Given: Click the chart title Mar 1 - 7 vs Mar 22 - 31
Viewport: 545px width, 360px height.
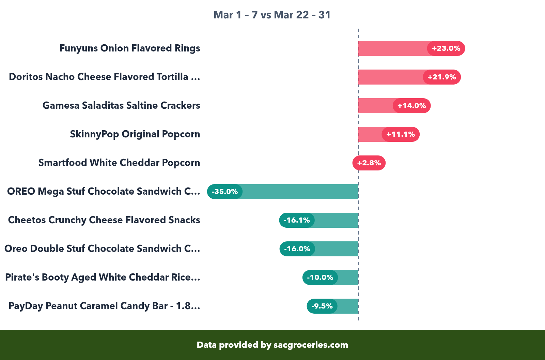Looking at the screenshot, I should [x=272, y=15].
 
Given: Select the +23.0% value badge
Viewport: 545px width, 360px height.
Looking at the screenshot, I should [x=446, y=48].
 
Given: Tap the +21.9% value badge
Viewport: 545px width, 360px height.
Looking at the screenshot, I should [x=442, y=77].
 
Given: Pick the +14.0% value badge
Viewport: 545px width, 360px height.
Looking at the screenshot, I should [x=411, y=106].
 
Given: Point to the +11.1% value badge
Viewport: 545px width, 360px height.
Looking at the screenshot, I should [x=401, y=134].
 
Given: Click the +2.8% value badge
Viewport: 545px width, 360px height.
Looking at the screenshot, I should [x=369, y=163].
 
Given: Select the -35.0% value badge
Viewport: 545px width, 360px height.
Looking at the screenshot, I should [x=225, y=192].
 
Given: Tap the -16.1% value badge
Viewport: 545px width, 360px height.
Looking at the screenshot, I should [x=297, y=220].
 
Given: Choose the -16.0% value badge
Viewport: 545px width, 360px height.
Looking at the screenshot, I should [x=297, y=249].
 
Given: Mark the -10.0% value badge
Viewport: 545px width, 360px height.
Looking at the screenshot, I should [x=320, y=277].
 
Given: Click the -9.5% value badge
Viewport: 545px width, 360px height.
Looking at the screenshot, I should [x=322, y=306].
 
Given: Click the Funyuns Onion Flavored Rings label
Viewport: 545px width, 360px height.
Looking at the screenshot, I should [x=130, y=48].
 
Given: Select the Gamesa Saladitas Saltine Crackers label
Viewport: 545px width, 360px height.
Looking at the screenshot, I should [x=121, y=106].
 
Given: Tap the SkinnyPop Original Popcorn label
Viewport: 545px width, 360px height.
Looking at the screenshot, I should [x=135, y=134].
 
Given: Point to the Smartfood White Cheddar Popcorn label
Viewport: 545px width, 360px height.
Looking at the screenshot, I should [x=119, y=163].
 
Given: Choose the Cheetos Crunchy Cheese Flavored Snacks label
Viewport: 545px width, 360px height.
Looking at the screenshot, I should [x=104, y=220].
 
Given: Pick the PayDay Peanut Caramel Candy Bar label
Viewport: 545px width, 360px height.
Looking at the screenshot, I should [x=104, y=306].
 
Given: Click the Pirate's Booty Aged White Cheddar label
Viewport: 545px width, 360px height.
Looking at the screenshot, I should [x=103, y=277].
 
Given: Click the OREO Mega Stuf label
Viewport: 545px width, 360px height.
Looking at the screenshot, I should [x=104, y=192].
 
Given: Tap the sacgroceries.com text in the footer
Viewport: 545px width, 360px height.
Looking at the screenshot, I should [x=311, y=345].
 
